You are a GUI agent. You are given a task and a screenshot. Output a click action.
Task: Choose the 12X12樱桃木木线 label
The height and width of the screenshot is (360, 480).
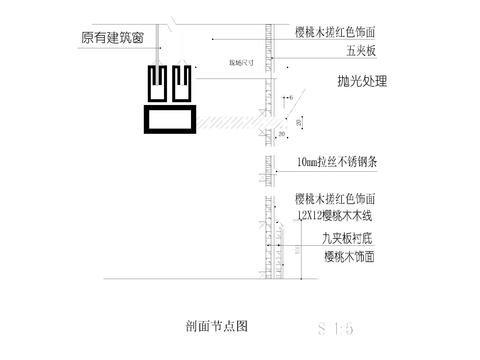(x=334, y=215)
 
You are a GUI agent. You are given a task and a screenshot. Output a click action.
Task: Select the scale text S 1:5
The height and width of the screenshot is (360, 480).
(x=335, y=326)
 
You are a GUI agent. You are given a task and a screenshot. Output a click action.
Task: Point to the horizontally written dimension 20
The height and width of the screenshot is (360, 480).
(x=283, y=132)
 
